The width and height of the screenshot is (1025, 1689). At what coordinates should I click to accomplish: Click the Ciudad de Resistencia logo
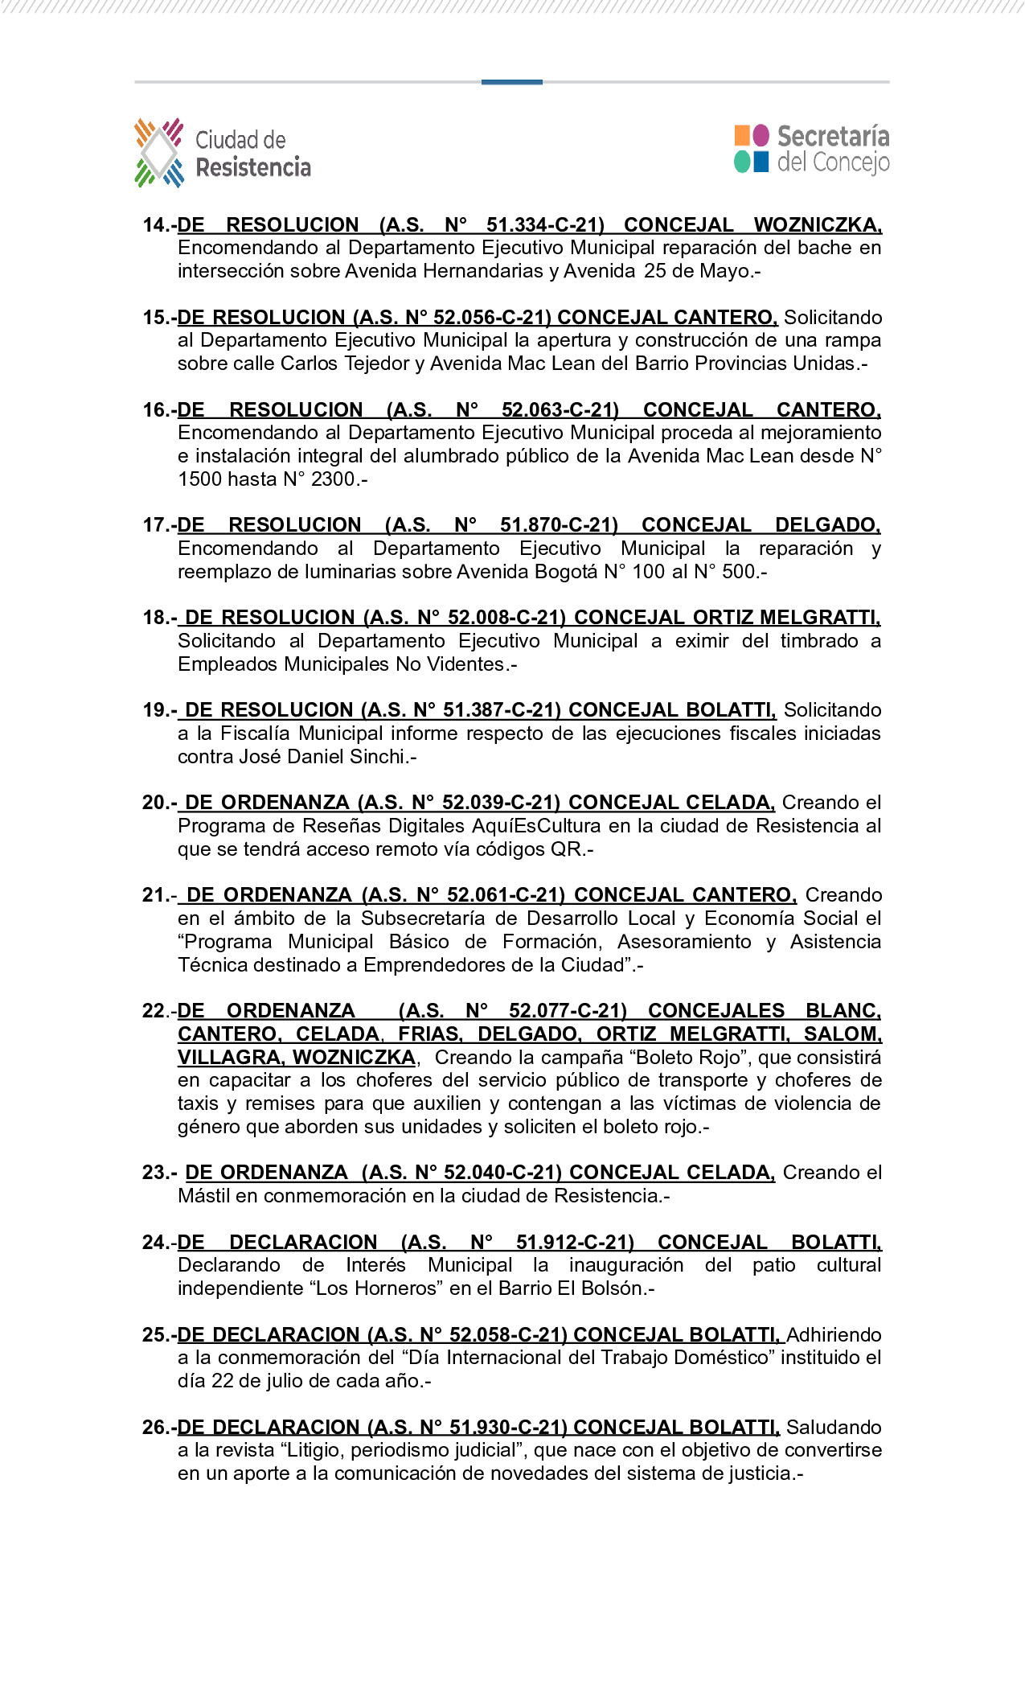pyautogui.click(x=222, y=153)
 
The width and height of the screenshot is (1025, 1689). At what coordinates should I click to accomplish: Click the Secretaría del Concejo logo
pyautogui.click(x=811, y=149)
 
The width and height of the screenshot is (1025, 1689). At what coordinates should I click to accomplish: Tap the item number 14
pyautogui.click(x=157, y=225)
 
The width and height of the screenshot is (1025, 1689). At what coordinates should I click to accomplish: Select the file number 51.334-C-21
pyautogui.click(x=545, y=225)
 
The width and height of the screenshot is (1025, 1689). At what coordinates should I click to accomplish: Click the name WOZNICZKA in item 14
pyautogui.click(x=817, y=225)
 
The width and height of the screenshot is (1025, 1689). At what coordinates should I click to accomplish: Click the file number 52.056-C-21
pyautogui.click(x=491, y=318)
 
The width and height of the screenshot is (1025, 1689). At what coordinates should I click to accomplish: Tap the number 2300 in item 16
pyautogui.click(x=333, y=479)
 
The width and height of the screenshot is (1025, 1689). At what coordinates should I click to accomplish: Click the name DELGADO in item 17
pyautogui.click(x=826, y=525)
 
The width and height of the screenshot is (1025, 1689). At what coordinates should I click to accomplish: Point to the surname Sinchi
pyautogui.click(x=379, y=757)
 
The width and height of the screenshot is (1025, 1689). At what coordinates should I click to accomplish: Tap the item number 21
pyautogui.click(x=156, y=895)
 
